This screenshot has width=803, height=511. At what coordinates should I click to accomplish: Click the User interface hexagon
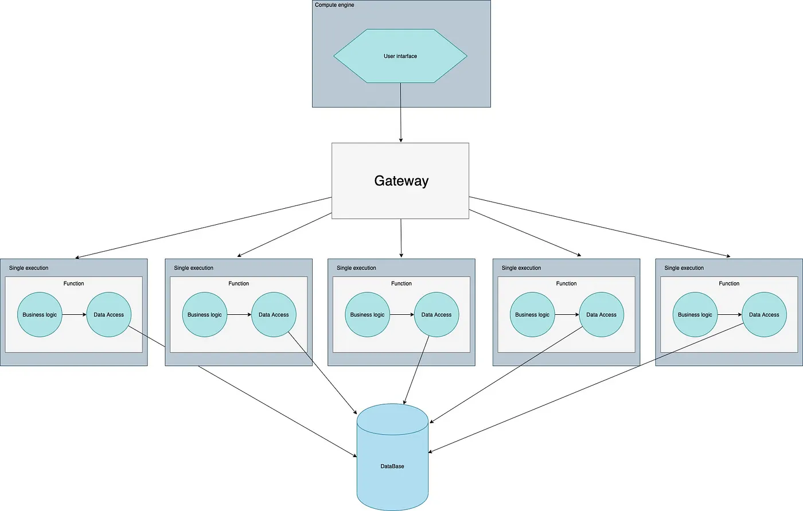pyautogui.click(x=400, y=56)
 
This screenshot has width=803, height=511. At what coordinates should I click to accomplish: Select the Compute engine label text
pyautogui.click(x=334, y=5)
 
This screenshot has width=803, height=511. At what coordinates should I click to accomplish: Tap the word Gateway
pyautogui.click(x=402, y=181)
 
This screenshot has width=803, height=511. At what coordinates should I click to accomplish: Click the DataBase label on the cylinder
pyautogui.click(x=392, y=466)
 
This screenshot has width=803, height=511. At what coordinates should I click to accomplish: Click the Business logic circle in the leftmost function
pyautogui.click(x=40, y=315)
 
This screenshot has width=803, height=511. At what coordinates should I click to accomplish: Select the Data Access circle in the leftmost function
pyautogui.click(x=109, y=315)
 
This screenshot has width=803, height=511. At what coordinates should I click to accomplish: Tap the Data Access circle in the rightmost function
pyautogui.click(x=764, y=315)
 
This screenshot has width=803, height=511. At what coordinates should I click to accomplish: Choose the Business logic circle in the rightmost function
pyautogui.click(x=695, y=315)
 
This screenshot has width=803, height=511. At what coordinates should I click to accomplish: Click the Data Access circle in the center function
pyautogui.click(x=436, y=315)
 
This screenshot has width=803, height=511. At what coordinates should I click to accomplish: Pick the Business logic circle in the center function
pyautogui.click(x=368, y=315)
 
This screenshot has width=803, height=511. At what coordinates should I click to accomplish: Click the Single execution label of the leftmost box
pyautogui.click(x=29, y=268)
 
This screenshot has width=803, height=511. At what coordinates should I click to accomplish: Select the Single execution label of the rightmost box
pyautogui.click(x=684, y=268)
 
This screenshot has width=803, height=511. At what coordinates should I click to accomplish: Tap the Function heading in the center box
pyautogui.click(x=402, y=283)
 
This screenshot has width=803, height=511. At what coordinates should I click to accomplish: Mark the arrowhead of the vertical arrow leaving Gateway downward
pyautogui.click(x=401, y=255)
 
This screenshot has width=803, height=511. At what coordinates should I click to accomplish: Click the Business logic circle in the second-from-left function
pyautogui.click(x=205, y=315)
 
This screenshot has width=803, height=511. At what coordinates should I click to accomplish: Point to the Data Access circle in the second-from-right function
pyautogui.click(x=601, y=315)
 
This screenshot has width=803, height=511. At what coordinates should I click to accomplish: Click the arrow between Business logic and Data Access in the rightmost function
pyautogui.click(x=730, y=315)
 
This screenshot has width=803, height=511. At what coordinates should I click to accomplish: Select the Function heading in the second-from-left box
pyautogui.click(x=239, y=283)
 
